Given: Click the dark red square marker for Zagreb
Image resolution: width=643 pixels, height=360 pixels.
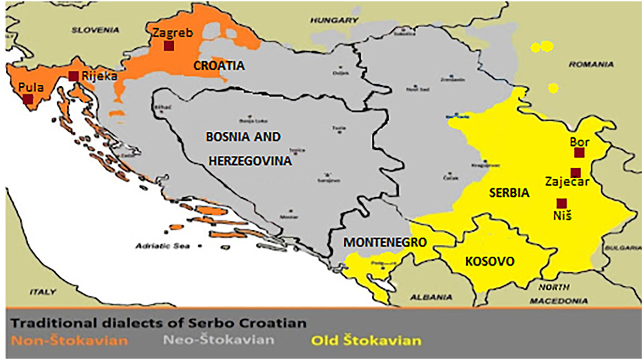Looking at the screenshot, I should click(x=168, y=46).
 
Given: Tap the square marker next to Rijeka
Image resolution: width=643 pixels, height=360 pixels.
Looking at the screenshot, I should click(x=73, y=76).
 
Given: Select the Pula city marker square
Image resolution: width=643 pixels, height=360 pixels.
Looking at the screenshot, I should click(x=28, y=99).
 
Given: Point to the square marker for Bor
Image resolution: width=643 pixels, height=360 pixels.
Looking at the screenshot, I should click(x=579, y=153).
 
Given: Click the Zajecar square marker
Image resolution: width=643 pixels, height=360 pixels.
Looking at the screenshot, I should click(x=575, y=172).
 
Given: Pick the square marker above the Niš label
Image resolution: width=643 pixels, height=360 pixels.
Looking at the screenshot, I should click(x=561, y=203).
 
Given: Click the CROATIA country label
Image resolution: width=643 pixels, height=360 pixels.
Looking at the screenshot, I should click(x=219, y=65).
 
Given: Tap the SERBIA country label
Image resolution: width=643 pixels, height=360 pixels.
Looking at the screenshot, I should click(x=509, y=192).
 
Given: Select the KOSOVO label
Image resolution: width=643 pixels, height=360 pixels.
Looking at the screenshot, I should click(x=490, y=262).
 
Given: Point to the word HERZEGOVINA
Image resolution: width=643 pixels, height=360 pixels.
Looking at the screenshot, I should click(x=250, y=161).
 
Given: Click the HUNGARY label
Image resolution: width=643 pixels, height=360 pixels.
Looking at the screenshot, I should click(x=331, y=20).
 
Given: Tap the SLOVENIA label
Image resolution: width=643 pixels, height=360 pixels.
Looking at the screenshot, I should click(x=95, y=30).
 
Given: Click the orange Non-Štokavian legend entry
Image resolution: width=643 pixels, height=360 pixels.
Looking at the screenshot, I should click(x=70, y=340).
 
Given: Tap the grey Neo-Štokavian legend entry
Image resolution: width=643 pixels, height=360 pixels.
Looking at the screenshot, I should click(x=218, y=340).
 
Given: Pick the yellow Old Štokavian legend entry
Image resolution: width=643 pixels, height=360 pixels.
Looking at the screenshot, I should click(x=366, y=340).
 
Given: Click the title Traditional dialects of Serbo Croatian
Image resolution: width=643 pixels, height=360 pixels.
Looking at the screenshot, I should click(x=159, y=322).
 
